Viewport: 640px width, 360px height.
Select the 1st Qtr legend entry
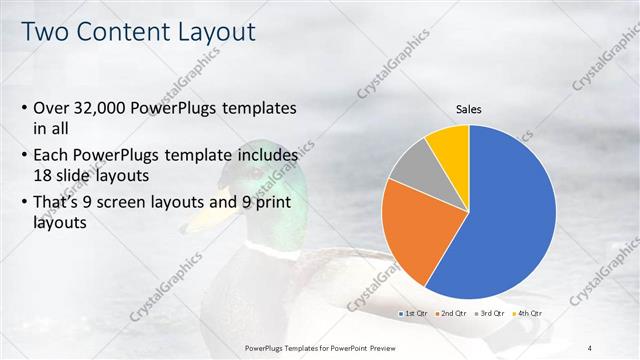click(414, 314)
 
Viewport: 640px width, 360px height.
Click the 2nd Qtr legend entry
click(453, 314)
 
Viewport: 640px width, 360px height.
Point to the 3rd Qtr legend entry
click(491, 314)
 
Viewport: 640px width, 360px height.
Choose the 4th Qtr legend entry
click(528, 314)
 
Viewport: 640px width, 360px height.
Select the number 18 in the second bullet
click(43, 174)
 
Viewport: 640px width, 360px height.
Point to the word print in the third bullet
click(270, 204)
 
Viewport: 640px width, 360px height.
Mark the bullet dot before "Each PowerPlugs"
click(24, 157)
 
